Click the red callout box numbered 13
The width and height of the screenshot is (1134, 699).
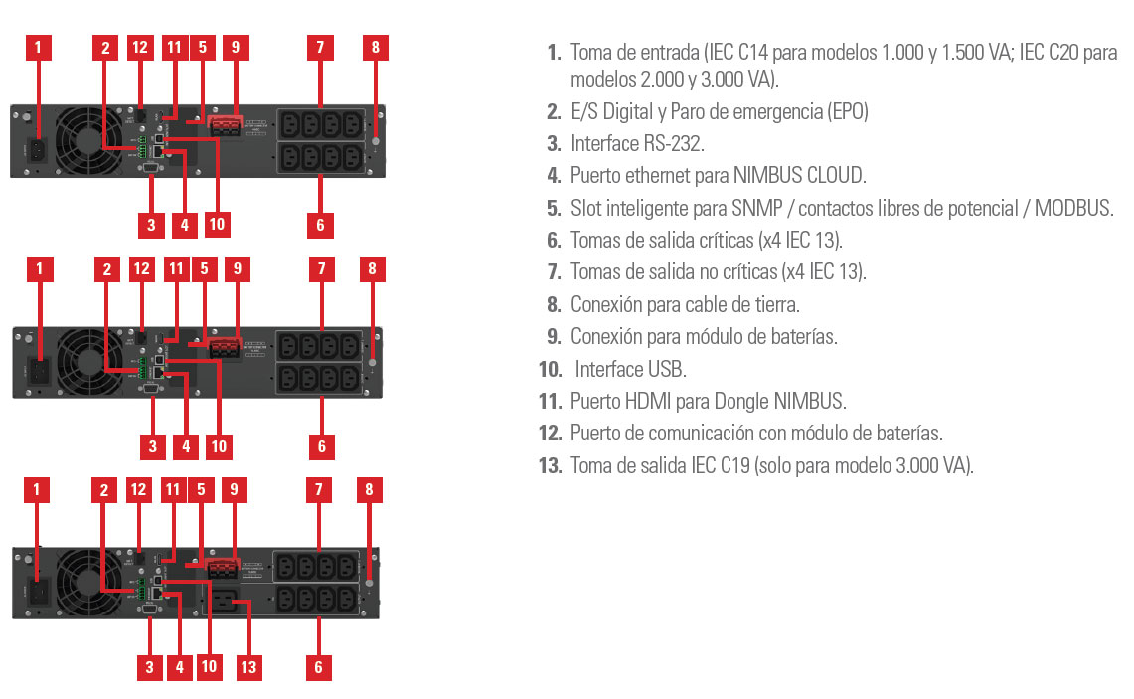[248, 666]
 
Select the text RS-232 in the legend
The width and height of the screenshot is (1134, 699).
[674, 144]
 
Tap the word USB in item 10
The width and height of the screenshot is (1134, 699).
[667, 370]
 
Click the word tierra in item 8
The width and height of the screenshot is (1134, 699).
[775, 304]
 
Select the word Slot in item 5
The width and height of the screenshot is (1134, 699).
[586, 208]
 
